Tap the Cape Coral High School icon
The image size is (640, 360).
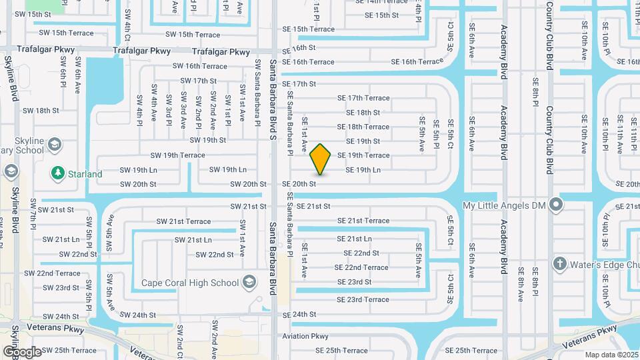(249, 282)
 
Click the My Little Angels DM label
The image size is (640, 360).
(506, 207)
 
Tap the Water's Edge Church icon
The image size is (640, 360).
(559, 265)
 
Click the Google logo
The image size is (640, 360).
(22, 351)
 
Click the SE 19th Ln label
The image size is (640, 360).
(363, 170)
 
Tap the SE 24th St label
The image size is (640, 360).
(299, 315)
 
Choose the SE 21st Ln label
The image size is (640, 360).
(354, 239)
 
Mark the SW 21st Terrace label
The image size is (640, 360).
(183, 221)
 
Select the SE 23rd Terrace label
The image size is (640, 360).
(363, 300)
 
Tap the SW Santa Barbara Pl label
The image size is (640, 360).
(257, 91)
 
